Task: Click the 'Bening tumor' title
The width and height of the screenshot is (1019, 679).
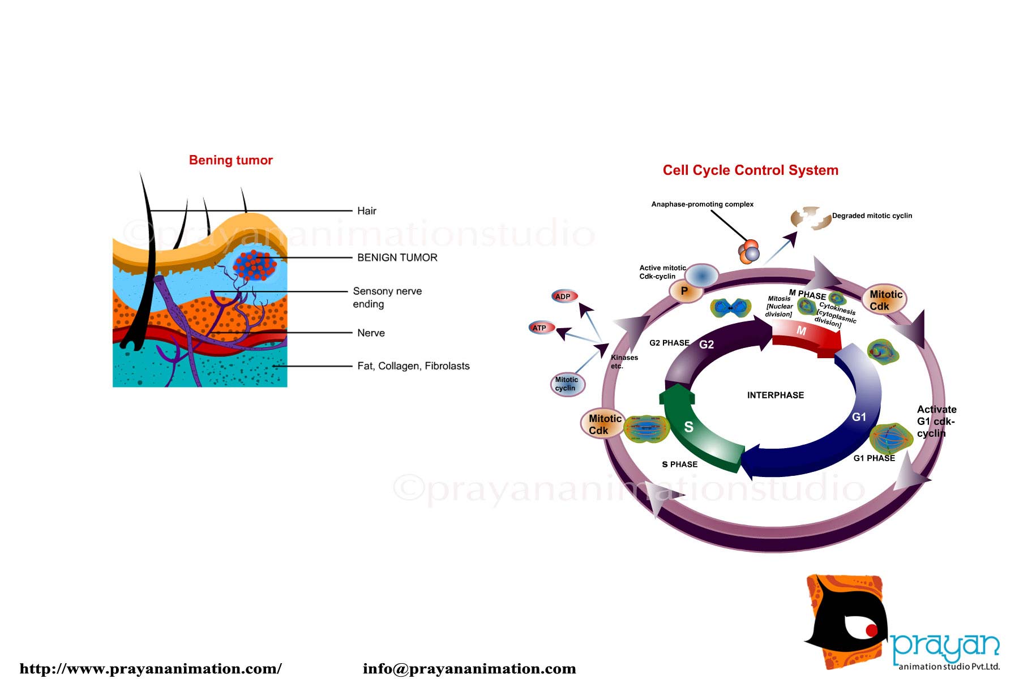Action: point(231,160)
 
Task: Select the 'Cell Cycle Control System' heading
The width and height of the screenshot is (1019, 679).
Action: point(750,170)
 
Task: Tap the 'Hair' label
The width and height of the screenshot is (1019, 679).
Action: point(367,211)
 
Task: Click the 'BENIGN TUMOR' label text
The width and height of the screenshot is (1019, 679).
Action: point(397,257)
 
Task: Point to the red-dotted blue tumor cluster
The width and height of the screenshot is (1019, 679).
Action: point(254,265)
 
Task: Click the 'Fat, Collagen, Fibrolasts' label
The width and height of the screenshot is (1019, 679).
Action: point(413,366)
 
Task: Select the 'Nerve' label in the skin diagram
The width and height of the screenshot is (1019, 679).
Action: point(371,333)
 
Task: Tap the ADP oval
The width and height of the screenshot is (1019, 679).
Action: point(564,296)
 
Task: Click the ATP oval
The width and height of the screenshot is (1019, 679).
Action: point(541,328)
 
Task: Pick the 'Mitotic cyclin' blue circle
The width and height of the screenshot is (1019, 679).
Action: point(567,384)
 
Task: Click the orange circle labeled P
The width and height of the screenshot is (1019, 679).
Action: point(685,291)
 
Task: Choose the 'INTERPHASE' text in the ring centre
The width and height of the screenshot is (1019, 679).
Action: point(775,395)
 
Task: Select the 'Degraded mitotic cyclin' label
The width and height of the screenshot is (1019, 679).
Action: point(872,216)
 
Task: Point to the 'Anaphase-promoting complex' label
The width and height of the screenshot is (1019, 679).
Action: point(702,204)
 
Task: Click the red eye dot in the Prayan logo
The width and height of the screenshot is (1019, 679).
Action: point(871,630)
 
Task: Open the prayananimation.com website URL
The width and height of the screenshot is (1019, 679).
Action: point(151,669)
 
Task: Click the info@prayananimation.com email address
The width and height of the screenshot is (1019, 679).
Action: point(469,669)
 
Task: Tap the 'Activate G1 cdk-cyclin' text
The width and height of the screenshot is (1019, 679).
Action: point(936,421)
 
